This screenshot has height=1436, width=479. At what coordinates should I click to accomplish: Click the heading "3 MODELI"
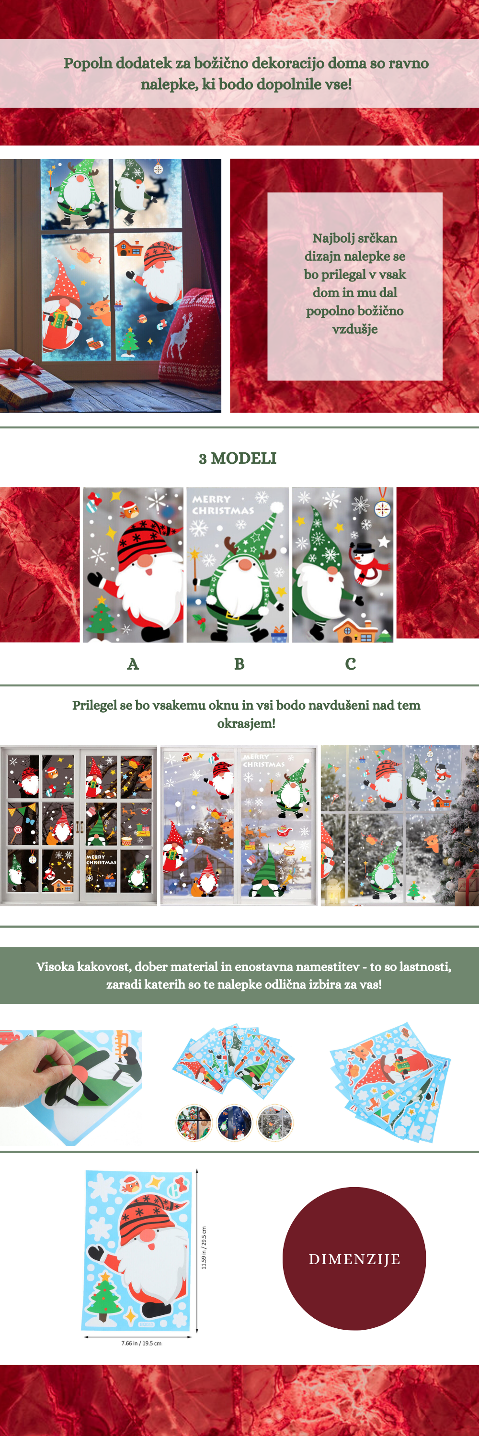[x=238, y=458]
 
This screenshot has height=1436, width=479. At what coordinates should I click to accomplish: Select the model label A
[x=133, y=664]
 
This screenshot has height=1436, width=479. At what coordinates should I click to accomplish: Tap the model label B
[x=239, y=664]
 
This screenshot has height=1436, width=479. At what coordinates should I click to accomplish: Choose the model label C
[x=350, y=664]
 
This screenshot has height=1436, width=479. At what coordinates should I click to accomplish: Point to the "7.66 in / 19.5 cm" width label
[x=142, y=1343]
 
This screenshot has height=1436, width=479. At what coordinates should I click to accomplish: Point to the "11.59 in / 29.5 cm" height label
[x=204, y=1247]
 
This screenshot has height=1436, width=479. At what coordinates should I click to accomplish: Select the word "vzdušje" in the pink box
[x=354, y=329]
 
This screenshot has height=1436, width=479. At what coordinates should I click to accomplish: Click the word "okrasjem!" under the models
[x=246, y=724]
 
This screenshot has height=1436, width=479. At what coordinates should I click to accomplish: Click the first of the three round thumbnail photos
[x=194, y=1122]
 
